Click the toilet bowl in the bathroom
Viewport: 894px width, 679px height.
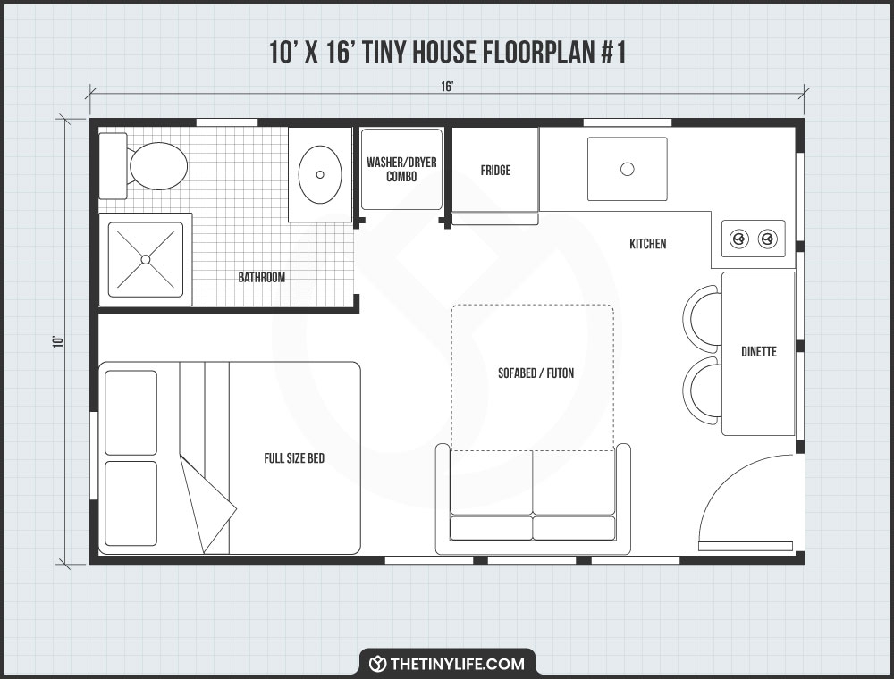(157, 166)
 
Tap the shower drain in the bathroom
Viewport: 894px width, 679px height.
(145, 259)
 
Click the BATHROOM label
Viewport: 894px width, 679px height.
(261, 278)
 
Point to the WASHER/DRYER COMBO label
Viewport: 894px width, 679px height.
(401, 170)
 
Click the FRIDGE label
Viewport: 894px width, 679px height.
(495, 170)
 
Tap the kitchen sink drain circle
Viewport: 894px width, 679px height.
(627, 169)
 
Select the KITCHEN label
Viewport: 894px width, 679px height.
(647, 244)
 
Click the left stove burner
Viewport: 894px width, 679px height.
(739, 239)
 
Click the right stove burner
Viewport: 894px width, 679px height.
(767, 239)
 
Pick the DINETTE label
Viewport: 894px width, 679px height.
(758, 352)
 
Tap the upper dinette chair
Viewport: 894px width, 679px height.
(703, 317)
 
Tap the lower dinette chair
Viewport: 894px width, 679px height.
(703, 390)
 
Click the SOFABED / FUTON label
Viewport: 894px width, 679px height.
(536, 373)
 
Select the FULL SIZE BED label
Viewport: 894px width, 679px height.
(294, 458)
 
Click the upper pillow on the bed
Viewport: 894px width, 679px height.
(131, 412)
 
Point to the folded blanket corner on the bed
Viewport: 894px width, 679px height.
(207, 505)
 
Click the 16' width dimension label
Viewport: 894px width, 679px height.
(447, 87)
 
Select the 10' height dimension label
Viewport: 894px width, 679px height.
(56, 341)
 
